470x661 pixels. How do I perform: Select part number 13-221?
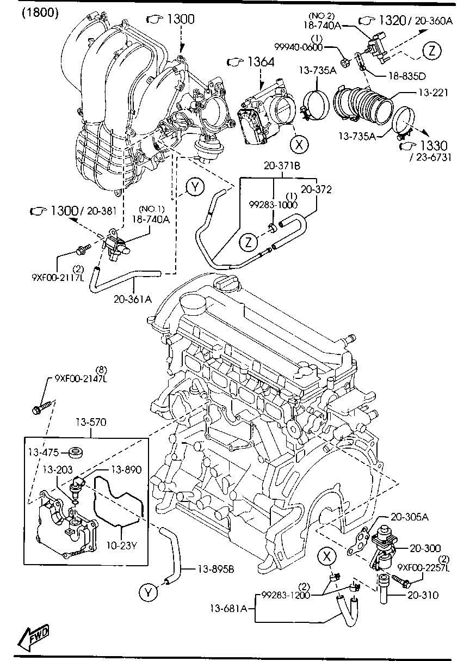(433, 93)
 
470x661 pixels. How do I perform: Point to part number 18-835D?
(406, 75)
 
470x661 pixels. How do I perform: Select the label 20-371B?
(282, 166)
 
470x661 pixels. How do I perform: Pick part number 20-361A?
(133, 298)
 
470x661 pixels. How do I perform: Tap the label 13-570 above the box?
(91, 421)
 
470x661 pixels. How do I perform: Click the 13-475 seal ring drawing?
(76, 451)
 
